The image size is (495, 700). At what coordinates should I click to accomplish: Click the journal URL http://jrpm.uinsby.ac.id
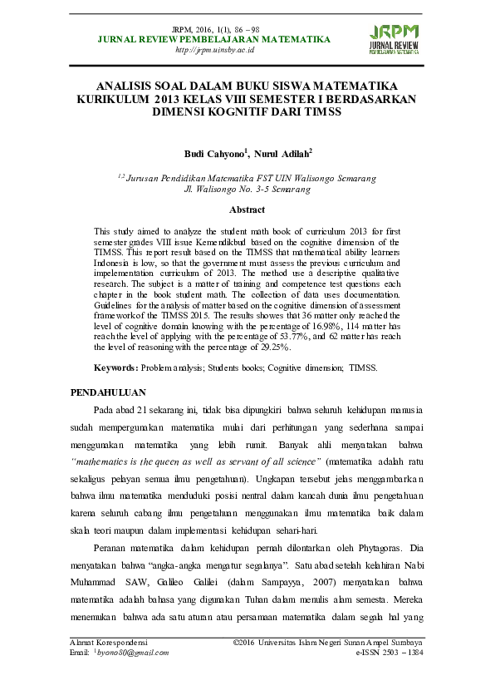(214, 50)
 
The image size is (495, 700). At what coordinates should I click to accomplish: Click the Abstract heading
(247, 210)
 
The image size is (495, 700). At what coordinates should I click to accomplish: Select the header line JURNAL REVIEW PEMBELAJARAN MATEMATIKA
(214, 39)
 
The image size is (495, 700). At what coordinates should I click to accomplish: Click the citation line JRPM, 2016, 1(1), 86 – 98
(214, 29)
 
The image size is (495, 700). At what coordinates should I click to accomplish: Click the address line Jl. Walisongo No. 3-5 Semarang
(247, 189)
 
